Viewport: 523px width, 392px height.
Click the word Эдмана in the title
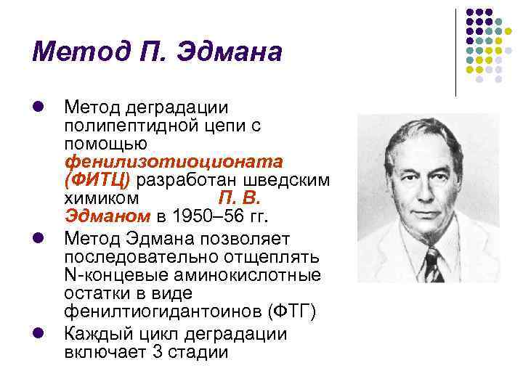click(230, 52)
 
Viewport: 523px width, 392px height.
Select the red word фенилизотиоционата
click(174, 163)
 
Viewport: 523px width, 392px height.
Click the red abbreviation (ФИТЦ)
click(97, 181)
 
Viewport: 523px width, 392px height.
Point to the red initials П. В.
click(240, 199)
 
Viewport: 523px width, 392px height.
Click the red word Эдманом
click(108, 216)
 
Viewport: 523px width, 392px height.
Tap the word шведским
click(286, 181)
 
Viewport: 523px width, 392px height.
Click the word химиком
click(102, 199)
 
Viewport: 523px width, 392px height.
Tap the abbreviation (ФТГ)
click(292, 311)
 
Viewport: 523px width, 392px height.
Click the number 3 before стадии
click(158, 352)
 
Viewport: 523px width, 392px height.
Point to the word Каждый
click(99, 335)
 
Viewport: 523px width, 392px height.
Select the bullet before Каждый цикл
click(38, 333)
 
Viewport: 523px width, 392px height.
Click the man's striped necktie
click(433, 265)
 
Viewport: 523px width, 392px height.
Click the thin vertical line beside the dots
click(455, 53)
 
